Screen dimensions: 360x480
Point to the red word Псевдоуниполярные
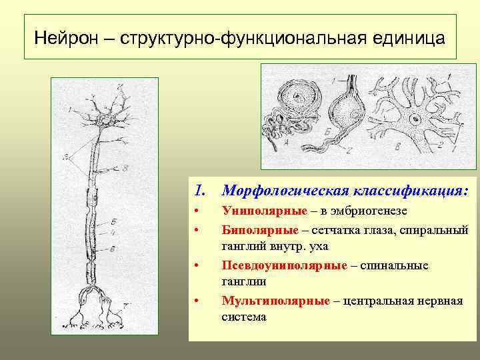click(284, 265)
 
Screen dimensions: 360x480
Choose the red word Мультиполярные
click(275, 301)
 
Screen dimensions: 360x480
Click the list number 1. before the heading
click(200, 191)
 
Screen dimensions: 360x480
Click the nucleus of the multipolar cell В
click(416, 121)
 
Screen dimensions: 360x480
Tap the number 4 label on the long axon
click(115, 233)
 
